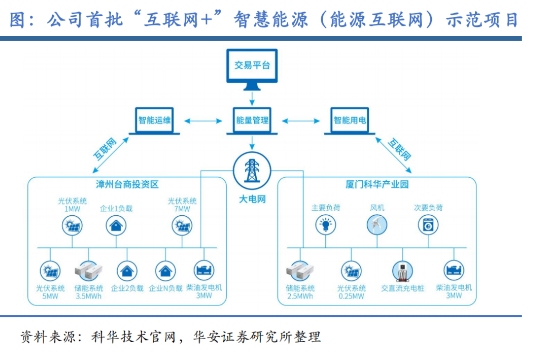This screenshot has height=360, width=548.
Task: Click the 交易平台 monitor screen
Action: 252,66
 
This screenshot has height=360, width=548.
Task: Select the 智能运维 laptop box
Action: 155,120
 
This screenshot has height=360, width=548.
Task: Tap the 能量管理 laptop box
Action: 252,121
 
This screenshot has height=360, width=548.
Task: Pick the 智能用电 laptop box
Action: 350,120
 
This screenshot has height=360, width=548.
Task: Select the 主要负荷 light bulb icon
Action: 326,224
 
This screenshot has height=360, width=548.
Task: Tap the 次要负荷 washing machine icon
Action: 428,224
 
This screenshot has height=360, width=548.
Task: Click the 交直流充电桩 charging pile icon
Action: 402,271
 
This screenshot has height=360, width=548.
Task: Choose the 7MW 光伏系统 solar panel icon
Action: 182,224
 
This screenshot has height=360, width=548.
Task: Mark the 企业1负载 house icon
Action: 116,224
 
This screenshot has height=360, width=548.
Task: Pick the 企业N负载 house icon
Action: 165,271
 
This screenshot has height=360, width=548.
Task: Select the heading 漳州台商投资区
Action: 127,185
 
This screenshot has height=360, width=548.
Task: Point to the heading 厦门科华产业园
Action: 377,185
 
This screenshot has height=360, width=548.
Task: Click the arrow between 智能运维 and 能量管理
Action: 203,121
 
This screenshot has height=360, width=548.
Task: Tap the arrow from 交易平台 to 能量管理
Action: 252,95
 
